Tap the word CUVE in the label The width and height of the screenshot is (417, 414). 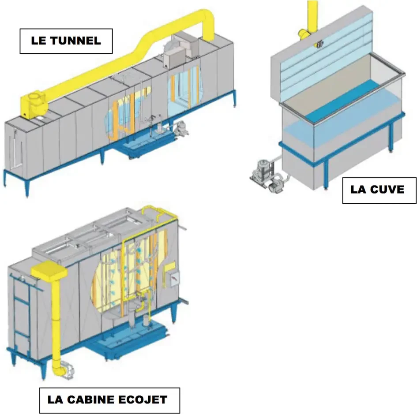(x=389, y=190)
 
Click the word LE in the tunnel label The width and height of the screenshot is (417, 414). (x=38, y=41)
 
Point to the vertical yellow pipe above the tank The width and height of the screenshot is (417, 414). (x=312, y=15)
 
